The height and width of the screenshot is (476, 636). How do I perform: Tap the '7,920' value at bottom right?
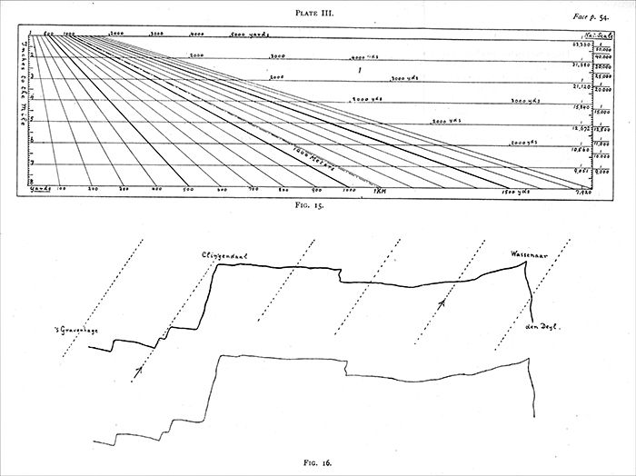pyautogui.click(x=581, y=193)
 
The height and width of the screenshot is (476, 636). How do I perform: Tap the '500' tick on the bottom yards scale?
pyautogui.click(x=186, y=190)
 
